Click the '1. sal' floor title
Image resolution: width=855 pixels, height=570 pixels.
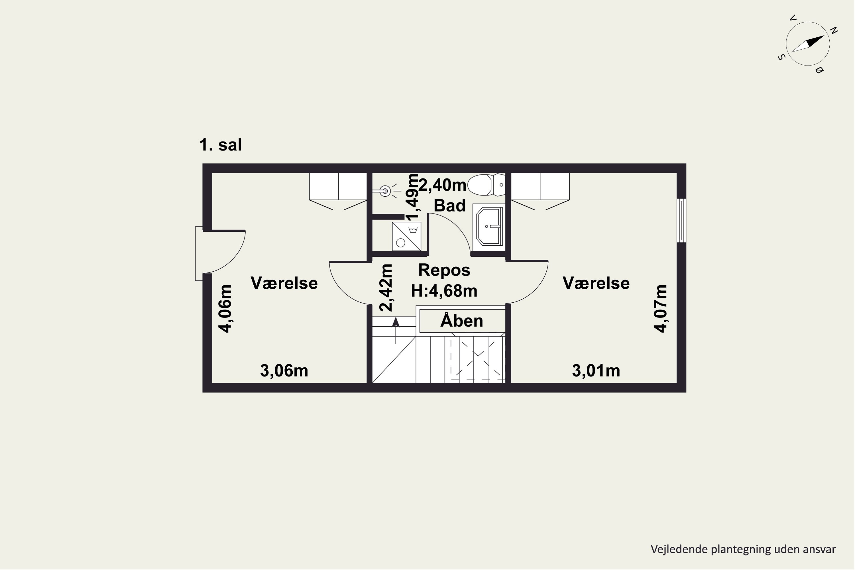coord(220,145)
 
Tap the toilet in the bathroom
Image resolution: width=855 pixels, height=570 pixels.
coord(486,185)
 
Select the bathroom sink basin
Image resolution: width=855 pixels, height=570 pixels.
coord(489,226)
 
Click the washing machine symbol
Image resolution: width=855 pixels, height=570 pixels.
coord(406,236)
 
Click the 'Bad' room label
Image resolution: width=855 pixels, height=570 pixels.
coord(450,206)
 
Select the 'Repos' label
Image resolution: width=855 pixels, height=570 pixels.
coord(444,270)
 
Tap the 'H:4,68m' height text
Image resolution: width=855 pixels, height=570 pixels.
coord(444,291)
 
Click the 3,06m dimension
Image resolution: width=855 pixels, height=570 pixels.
coord(284,371)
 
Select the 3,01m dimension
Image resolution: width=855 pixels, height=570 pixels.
coord(596,371)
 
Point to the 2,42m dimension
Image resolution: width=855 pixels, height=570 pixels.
coord(386,288)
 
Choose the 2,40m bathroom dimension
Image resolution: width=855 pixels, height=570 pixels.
coord(442,185)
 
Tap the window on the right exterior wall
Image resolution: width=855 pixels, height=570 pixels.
coord(681,220)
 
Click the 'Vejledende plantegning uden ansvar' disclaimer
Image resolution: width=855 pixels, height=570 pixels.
coord(743,549)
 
